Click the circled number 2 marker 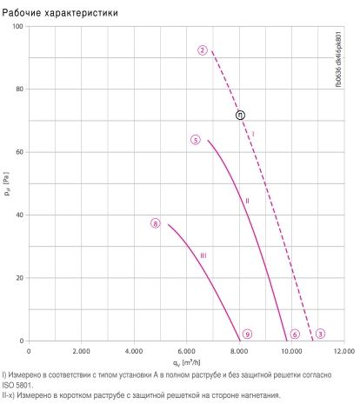pyautogui.click(x=203, y=50)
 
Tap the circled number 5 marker pyautogui.click(x=196, y=140)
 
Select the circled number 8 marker pyautogui.click(x=156, y=223)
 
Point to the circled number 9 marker pyautogui.click(x=247, y=334)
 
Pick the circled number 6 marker pyautogui.click(x=295, y=334)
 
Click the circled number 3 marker pyautogui.click(x=320, y=334)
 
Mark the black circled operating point pyautogui.click(x=240, y=116)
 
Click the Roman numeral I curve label pyautogui.click(x=253, y=134)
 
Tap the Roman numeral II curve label pyautogui.click(x=247, y=201)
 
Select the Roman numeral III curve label pyautogui.click(x=203, y=255)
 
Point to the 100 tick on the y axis pyautogui.click(x=17, y=26)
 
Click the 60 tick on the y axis pyautogui.click(x=19, y=152)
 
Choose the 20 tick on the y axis pyautogui.click(x=19, y=278)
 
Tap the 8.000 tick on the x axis pyautogui.click(x=239, y=351)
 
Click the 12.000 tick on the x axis pyautogui.click(x=344, y=351)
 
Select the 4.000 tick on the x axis pyautogui.click(x=134, y=351)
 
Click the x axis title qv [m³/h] pyautogui.click(x=186, y=363)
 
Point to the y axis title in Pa pyautogui.click(x=7, y=183)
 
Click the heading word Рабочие pyautogui.click(x=22, y=13)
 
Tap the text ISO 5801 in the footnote pyautogui.click(x=17, y=386)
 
